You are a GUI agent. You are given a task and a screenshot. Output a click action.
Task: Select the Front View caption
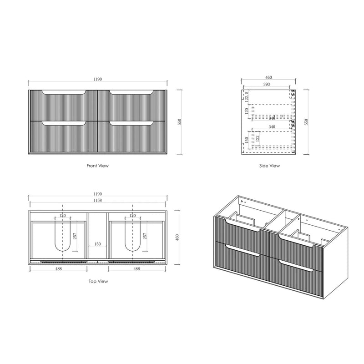[x=98, y=166]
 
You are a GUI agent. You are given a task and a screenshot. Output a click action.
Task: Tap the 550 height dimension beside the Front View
[x=180, y=122]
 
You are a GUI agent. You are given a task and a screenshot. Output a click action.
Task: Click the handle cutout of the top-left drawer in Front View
[x=64, y=93]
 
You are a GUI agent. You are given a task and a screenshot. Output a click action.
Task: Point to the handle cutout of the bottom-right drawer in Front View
[x=131, y=123]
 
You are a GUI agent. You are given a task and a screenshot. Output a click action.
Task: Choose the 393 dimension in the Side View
[x=267, y=85]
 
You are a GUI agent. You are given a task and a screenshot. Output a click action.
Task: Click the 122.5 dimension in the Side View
[x=246, y=96]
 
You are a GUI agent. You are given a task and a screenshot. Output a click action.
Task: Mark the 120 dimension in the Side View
[x=246, y=111]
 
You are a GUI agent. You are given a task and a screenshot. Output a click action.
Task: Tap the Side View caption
[x=269, y=166]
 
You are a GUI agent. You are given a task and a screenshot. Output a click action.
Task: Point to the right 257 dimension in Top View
[x=145, y=236]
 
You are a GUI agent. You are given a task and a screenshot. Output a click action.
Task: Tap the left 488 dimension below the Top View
[x=59, y=268]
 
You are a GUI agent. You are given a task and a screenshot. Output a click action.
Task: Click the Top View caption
[x=98, y=282]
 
